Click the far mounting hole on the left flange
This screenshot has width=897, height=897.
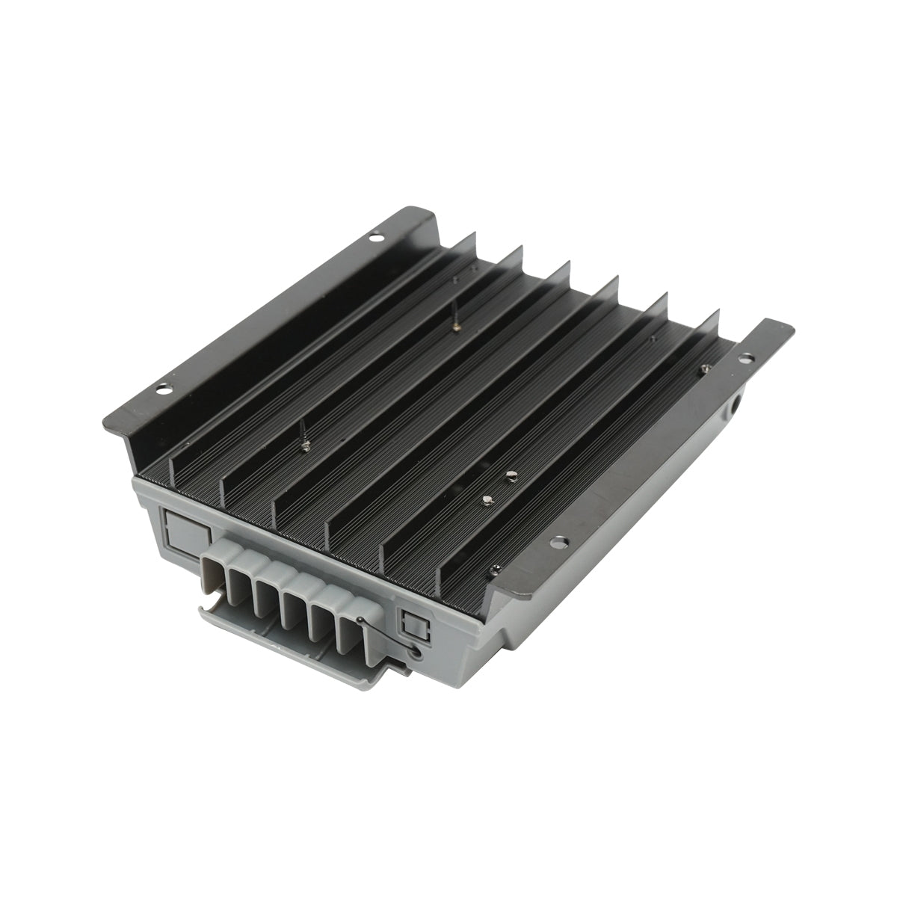tap(372, 238)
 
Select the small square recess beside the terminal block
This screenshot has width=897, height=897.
tap(412, 625)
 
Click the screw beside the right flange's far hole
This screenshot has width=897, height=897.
tap(705, 368)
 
